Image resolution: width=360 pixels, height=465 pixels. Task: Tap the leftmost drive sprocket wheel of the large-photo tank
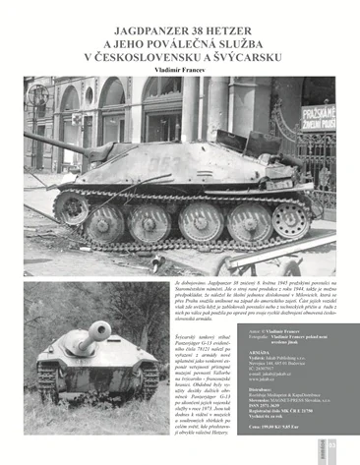[x=72, y=207]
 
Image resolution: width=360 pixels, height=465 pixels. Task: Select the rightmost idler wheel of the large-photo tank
[x=291, y=220]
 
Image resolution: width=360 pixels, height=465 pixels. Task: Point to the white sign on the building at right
[x=317, y=118]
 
